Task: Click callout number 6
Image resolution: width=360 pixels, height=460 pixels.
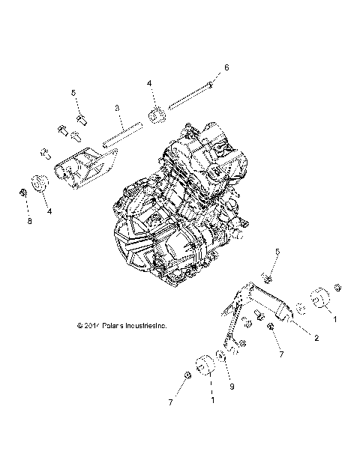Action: pyautogui.click(x=226, y=67)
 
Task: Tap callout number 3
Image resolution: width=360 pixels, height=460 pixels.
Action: pyautogui.click(x=118, y=109)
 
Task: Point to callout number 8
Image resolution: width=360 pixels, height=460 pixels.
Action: pyautogui.click(x=30, y=222)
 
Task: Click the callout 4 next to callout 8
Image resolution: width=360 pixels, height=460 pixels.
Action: pyautogui.click(x=50, y=211)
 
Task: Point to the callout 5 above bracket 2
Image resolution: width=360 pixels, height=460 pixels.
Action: pyautogui.click(x=276, y=252)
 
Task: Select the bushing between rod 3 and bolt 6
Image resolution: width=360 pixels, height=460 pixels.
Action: pyautogui.click(x=157, y=115)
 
